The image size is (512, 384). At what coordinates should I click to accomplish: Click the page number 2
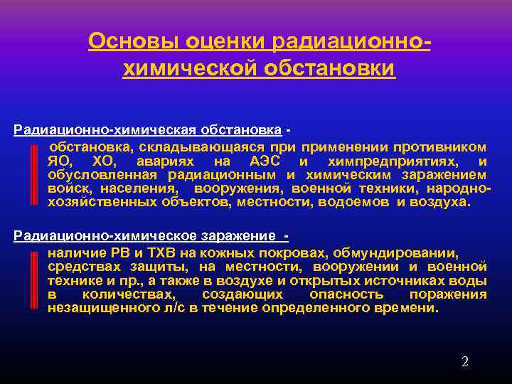point(465,362)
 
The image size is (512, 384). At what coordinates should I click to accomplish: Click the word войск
point(69,188)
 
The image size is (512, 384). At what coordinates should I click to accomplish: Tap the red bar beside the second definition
point(34,281)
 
